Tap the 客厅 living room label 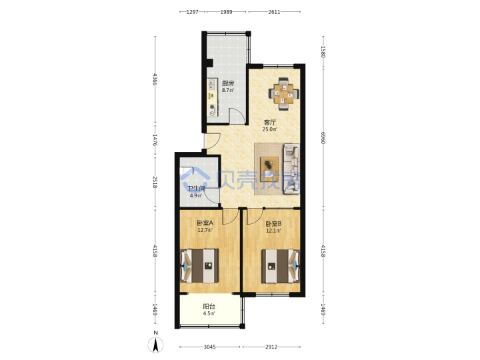pyautogui.click(x=270, y=122)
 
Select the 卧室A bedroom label pyautogui.click(x=205, y=223)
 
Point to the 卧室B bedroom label pyautogui.click(x=273, y=224)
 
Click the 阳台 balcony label pyautogui.click(x=209, y=307)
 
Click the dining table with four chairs pyautogui.click(x=284, y=94)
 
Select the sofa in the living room pyautogui.click(x=292, y=169)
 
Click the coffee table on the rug pyautogui.click(x=269, y=169)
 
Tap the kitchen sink pyautogui.click(x=211, y=83)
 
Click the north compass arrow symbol pyautogui.click(x=155, y=345)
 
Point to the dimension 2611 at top pyautogui.click(x=274, y=12)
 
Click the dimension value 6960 pyautogui.click(x=323, y=138)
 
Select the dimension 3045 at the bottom pyautogui.click(x=210, y=347)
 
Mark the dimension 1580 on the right pyautogui.click(x=323, y=51)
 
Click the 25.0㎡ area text pyautogui.click(x=270, y=129)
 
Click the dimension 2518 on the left pyautogui.click(x=155, y=182)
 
